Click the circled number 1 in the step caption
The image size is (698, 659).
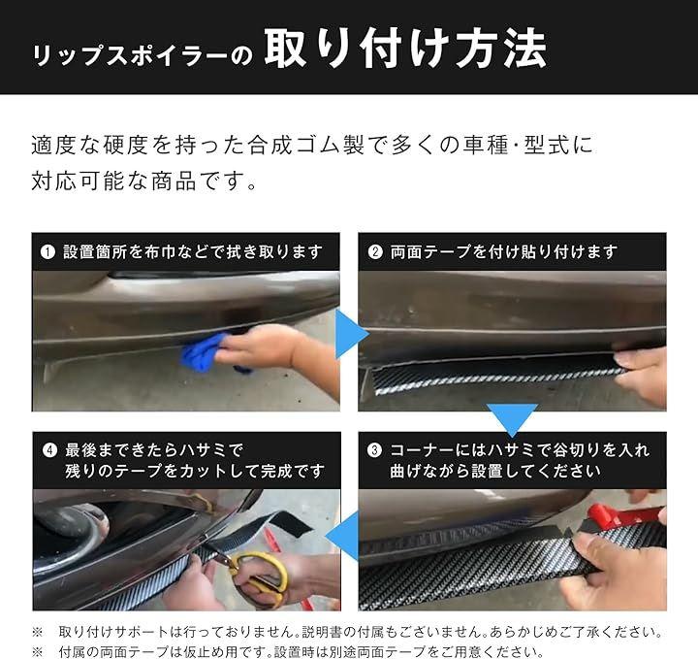point(48,252)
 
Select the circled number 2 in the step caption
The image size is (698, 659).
point(375,252)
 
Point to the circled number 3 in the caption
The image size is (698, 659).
point(374,450)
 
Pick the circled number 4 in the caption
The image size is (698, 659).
point(49,450)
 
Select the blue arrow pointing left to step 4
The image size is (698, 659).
point(342,536)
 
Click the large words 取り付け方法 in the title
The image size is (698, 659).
point(405,49)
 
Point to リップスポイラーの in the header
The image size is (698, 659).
point(143,55)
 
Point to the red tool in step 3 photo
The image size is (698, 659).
point(623,513)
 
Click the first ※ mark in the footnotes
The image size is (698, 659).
point(38,632)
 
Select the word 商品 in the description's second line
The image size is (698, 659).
point(174,181)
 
